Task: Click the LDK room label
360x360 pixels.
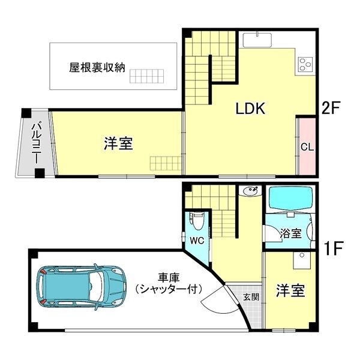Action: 250,109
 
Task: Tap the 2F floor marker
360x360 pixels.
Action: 331,108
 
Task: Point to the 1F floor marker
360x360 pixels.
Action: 334,248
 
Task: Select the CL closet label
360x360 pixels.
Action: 307,147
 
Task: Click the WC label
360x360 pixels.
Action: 197,241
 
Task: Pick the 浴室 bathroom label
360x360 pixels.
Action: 290,233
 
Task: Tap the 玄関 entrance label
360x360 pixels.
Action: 251,297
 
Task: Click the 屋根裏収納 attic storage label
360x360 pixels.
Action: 97,67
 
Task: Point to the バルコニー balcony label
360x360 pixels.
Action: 37,143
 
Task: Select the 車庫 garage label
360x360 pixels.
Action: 168,278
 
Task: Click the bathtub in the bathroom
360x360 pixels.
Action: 290,199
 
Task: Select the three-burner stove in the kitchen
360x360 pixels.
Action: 305,64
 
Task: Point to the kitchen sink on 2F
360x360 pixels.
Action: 257,40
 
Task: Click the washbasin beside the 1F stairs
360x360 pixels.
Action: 250,191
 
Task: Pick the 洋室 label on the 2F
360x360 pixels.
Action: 118,143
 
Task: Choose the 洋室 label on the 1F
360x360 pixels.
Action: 290,290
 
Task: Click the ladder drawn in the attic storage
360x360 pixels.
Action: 147,76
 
